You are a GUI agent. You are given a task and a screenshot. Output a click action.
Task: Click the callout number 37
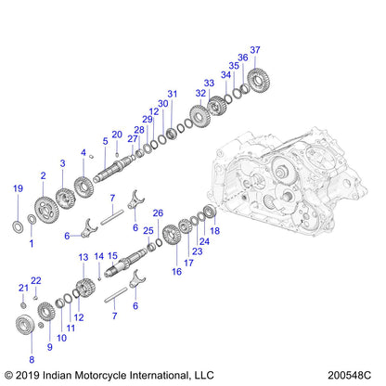[255, 49]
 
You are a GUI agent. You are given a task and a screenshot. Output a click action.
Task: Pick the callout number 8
[32, 358]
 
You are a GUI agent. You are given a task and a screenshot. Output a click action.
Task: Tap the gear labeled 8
[30, 326]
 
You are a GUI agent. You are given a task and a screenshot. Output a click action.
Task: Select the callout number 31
[171, 93]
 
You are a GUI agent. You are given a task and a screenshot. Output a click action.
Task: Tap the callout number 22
[36, 279]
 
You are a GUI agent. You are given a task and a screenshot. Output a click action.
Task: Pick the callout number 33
[209, 83]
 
